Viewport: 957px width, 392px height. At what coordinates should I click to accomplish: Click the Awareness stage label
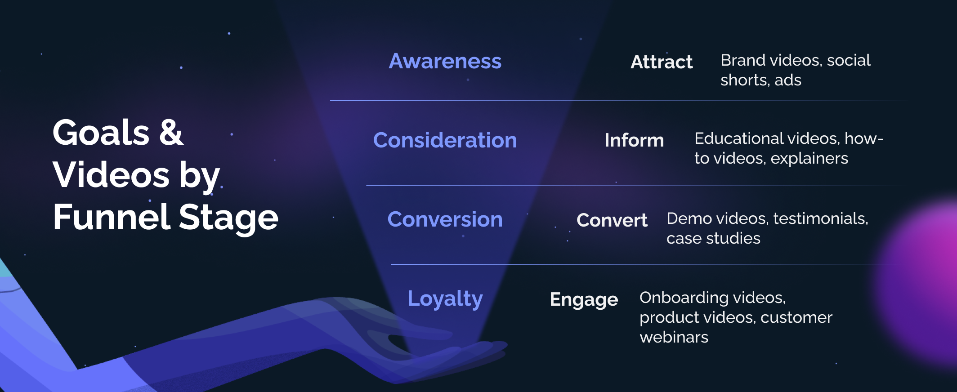click(x=445, y=61)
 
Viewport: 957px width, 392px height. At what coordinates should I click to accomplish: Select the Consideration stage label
click(x=445, y=140)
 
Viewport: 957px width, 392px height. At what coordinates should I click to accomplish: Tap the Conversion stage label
click(x=445, y=219)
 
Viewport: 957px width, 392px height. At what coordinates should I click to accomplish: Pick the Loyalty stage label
click(x=445, y=299)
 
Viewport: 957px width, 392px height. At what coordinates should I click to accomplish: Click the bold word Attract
click(x=662, y=62)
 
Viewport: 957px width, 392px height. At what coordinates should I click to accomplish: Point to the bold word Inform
click(x=634, y=140)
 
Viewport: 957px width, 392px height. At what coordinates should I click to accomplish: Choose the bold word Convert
click(x=612, y=220)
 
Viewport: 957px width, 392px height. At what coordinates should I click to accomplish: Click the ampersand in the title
click(x=171, y=133)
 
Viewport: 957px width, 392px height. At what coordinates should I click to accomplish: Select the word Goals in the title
click(x=101, y=133)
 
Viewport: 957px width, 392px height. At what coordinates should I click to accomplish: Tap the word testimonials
click(x=820, y=218)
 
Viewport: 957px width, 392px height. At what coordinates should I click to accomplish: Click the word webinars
click(x=674, y=337)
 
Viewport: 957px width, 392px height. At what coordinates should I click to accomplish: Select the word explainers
click(x=809, y=158)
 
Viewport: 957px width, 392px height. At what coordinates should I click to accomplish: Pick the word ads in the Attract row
click(x=788, y=80)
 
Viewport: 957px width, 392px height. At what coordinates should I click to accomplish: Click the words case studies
click(x=713, y=238)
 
